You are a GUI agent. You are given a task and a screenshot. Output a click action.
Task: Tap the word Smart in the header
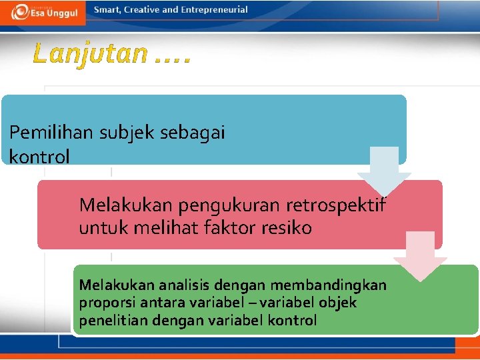pyautogui.click(x=108, y=10)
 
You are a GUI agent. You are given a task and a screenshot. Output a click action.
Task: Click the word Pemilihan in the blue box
pyautogui.click(x=52, y=133)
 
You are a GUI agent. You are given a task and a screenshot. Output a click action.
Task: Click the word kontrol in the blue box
pyautogui.click(x=39, y=157)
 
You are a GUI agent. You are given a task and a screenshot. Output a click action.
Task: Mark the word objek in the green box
pyautogui.click(x=338, y=303)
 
